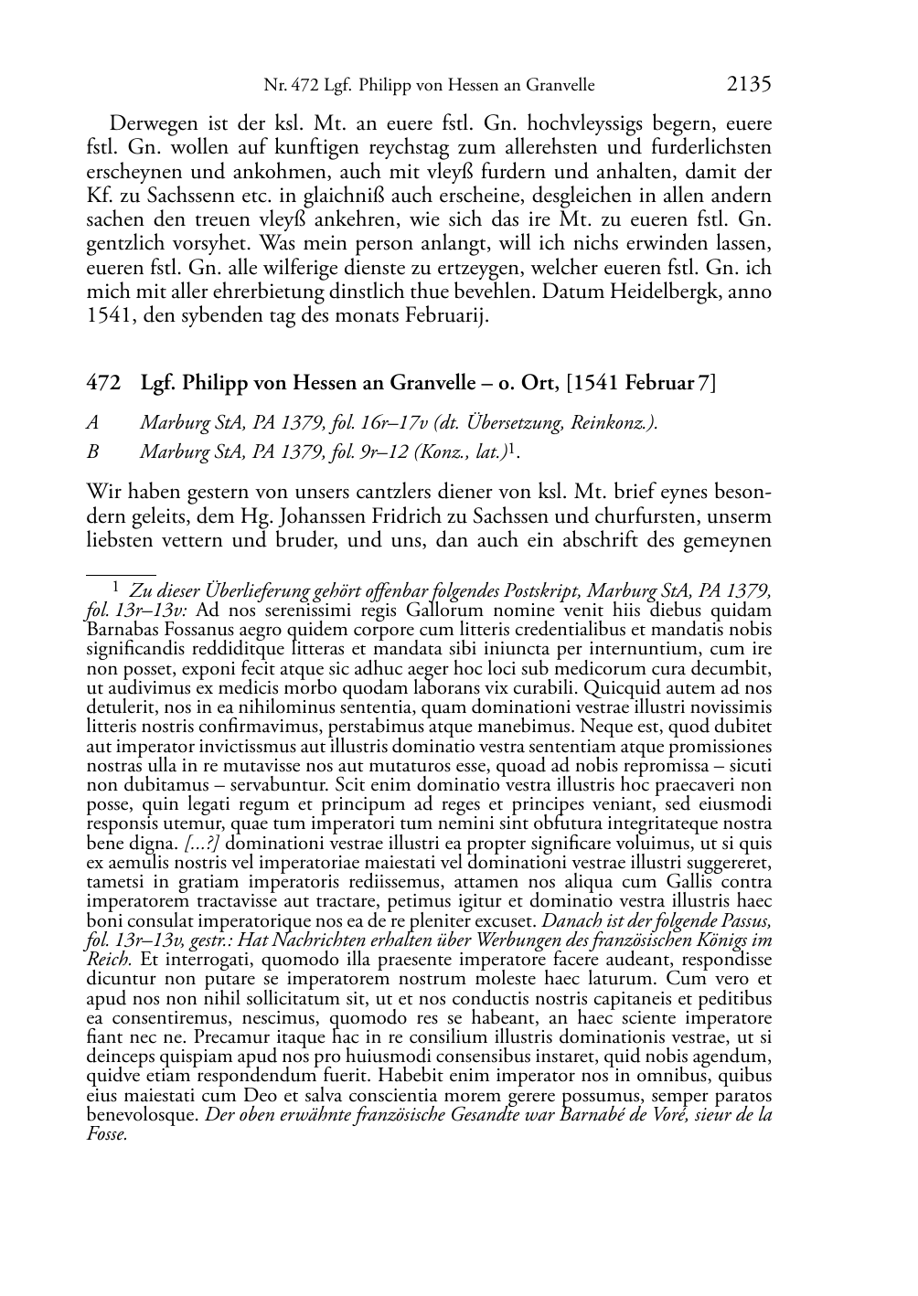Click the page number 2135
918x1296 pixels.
point(749,85)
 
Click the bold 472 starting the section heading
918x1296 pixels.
point(102,383)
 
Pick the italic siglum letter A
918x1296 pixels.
point(92,422)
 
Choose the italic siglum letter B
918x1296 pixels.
point(92,451)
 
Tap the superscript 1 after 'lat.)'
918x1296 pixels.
point(515,449)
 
